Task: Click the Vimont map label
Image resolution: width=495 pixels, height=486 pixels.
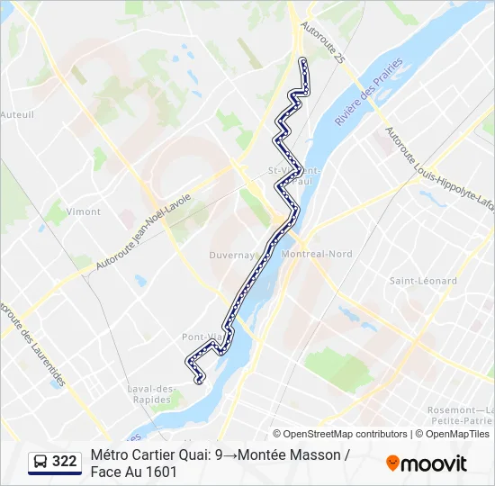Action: click(x=84, y=211)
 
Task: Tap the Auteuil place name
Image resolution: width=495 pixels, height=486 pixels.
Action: click(x=17, y=114)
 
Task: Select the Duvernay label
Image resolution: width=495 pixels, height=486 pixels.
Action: click(x=233, y=255)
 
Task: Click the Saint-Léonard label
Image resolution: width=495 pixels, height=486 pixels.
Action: click(x=422, y=281)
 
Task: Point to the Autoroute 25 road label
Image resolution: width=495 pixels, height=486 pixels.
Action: click(x=324, y=44)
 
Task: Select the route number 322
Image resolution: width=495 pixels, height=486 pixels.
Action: click(x=64, y=462)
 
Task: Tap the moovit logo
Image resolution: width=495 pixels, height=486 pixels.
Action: click(x=427, y=463)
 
